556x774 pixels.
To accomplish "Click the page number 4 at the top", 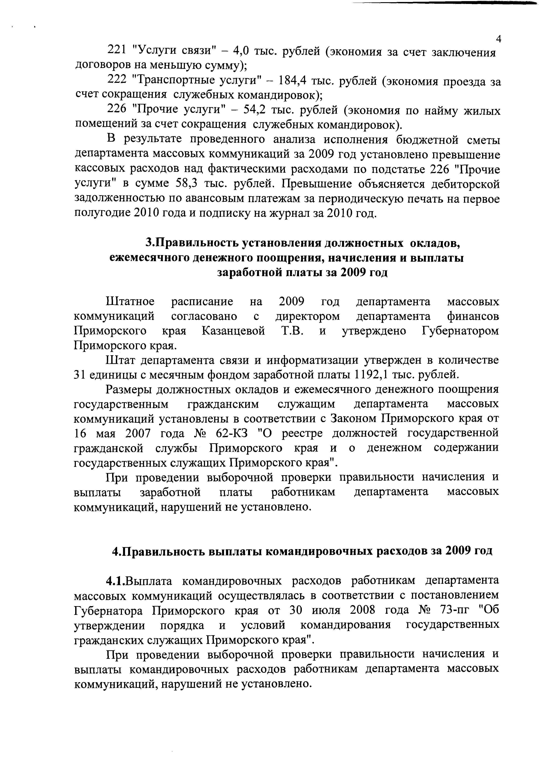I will click(x=498, y=39).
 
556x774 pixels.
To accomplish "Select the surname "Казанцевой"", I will click(x=233, y=331).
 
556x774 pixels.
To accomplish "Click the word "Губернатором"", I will click(x=460, y=331).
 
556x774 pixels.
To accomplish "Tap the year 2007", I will click(x=138, y=433).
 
